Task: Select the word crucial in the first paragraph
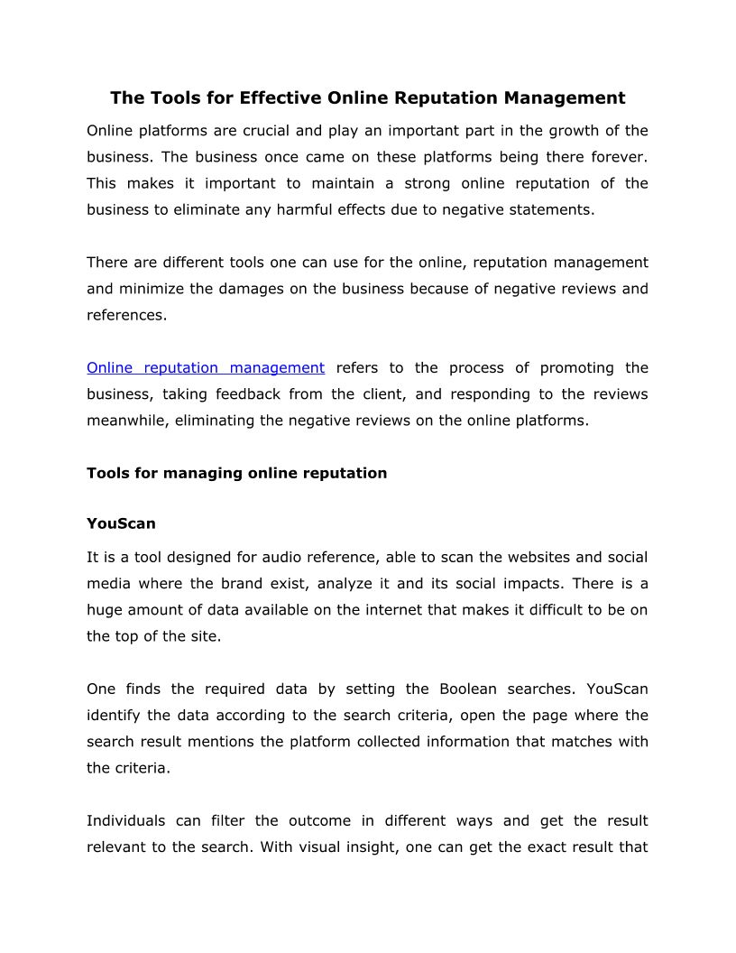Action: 257,131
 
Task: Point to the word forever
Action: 618,157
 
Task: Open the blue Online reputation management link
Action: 206,367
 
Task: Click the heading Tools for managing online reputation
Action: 236,473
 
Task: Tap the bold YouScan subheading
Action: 121,523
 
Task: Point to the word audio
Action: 276,557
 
